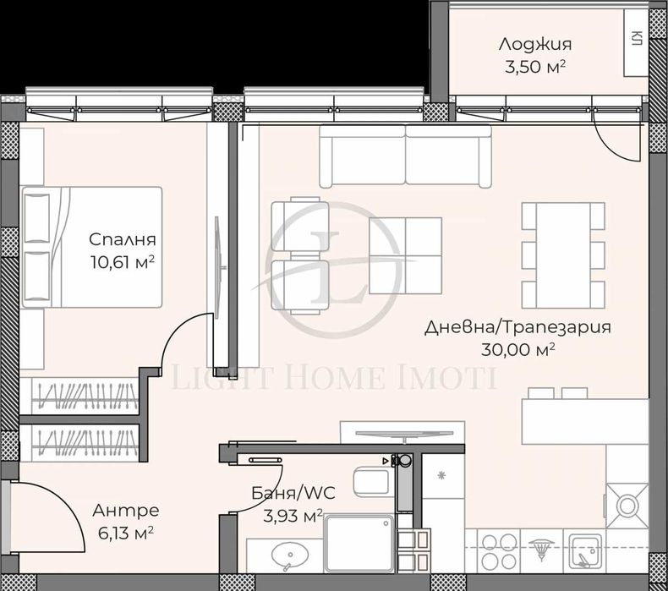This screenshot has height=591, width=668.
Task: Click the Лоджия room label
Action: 534,44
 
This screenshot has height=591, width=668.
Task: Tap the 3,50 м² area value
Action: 534,67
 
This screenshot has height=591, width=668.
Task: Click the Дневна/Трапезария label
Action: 517,327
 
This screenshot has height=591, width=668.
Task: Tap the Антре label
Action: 125,511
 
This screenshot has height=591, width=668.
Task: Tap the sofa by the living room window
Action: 406,156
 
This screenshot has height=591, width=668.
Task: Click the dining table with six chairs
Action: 562,254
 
